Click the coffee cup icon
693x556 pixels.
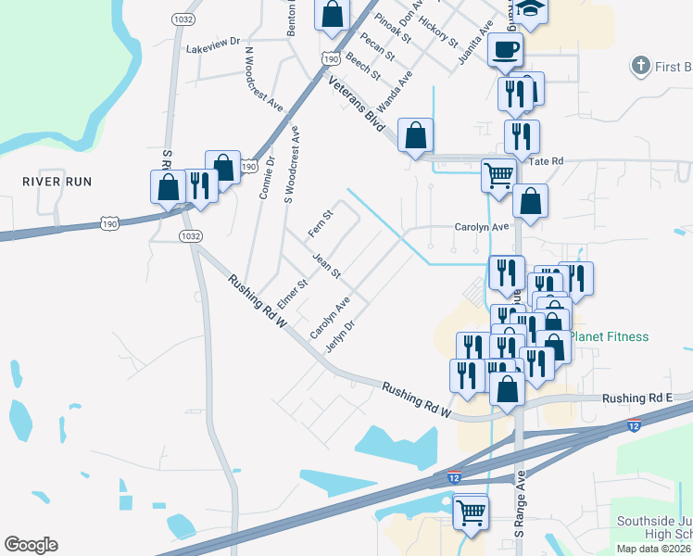505,49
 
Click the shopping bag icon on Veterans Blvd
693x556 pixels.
416,134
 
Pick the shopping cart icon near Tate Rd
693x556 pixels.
498,173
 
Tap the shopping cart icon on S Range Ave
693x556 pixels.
471,511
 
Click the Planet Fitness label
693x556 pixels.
610,336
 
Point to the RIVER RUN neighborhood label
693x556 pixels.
57,182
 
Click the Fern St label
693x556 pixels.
321,221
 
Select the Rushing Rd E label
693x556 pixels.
636,398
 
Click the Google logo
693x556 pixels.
31,545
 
